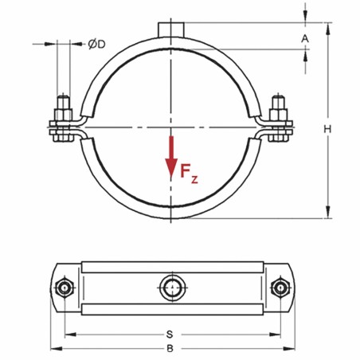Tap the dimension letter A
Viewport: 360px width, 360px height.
[306, 37]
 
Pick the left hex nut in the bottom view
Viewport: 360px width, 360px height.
[64, 287]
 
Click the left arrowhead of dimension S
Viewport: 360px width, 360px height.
[68, 333]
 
